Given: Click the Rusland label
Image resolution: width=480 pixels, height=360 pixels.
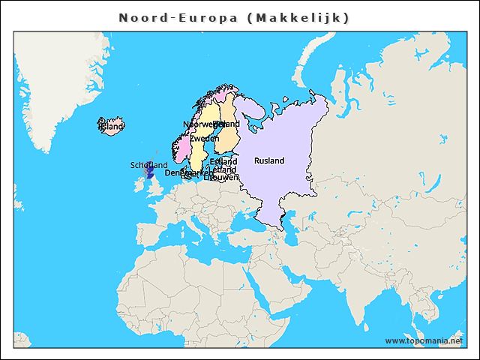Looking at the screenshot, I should click(x=269, y=160).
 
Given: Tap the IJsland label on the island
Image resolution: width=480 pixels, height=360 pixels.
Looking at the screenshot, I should click(x=112, y=127).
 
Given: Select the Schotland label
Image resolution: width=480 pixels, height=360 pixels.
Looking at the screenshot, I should click(x=149, y=165).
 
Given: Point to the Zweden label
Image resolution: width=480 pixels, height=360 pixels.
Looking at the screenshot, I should click(x=204, y=139).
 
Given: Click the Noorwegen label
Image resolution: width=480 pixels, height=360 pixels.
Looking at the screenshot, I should click(x=199, y=124).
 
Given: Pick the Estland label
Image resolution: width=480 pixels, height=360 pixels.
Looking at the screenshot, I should click(x=223, y=161).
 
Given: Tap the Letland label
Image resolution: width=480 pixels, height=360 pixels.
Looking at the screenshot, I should click(x=224, y=169).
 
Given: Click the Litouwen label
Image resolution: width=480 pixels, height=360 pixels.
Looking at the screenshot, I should click(x=223, y=178).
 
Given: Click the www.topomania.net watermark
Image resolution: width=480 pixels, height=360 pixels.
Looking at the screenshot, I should click(x=424, y=340).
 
